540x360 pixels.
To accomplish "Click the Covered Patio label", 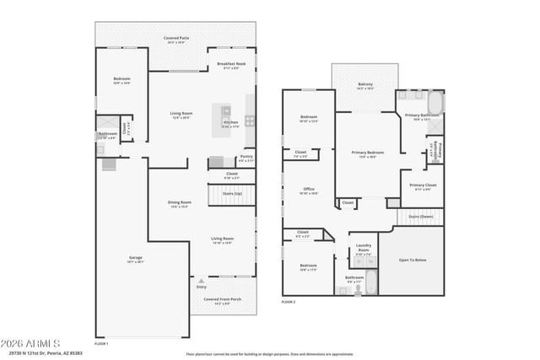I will pos(176,39).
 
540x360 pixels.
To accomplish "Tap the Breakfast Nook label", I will pos(230,65).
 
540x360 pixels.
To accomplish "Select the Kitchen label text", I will pos(230,123).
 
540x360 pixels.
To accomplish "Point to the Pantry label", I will pos(246,156).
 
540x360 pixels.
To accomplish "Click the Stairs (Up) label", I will pos(232,193).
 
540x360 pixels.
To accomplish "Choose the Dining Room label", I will pos(179,202).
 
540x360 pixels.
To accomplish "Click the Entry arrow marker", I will pos(201,280).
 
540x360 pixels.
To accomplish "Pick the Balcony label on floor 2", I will pos(365,84).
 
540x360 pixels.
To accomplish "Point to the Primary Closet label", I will pos(423,185).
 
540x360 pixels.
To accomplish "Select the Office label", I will pos(309,189).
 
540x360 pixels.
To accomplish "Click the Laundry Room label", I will pos(363,249).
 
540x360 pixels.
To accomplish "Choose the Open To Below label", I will pos(413,260).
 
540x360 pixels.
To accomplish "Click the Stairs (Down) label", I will pos(420,217).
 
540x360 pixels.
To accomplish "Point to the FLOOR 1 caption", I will pos(101,343).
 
